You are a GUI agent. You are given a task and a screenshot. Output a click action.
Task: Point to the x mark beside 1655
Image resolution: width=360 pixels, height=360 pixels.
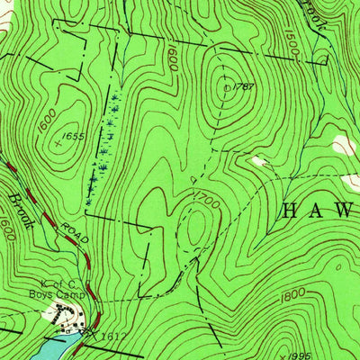(x=60, y=141)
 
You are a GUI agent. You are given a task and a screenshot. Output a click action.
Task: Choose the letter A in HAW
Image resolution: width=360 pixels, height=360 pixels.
(x=316, y=211)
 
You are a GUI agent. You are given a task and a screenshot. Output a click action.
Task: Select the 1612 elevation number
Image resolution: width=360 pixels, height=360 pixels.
(x=110, y=335)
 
